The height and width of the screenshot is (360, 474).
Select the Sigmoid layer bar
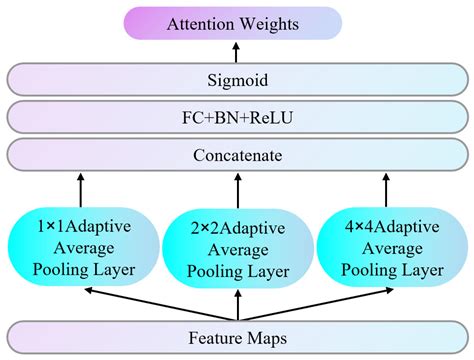click(236, 79)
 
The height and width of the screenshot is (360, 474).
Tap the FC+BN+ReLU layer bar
click(236, 117)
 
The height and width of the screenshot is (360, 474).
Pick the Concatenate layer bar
click(236, 155)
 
